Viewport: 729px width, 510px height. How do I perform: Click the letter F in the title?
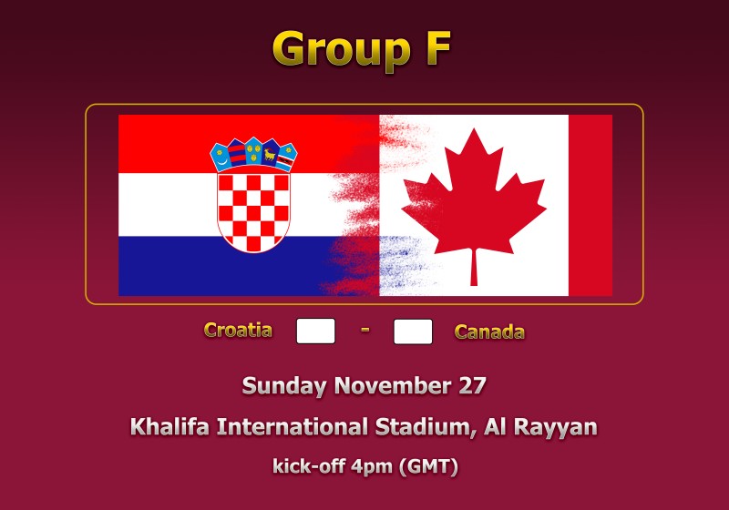(x=438, y=48)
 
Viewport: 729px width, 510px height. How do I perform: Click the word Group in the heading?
(x=341, y=51)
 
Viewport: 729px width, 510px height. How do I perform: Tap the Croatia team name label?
(x=238, y=330)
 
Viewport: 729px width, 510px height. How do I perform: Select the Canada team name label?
(x=489, y=331)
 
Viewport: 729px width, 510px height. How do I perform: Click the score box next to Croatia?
(x=315, y=331)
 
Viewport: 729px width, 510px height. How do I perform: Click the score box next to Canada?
(x=413, y=331)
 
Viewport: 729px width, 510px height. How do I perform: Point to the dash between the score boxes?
(x=365, y=330)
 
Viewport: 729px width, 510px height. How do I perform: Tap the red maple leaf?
(x=474, y=199)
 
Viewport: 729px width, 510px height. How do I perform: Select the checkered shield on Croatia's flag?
(x=254, y=210)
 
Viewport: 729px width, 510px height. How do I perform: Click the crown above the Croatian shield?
(x=254, y=154)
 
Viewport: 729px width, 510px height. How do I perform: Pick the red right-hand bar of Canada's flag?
(x=590, y=205)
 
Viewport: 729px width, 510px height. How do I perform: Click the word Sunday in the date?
(x=284, y=386)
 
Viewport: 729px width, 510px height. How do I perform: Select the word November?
(x=393, y=385)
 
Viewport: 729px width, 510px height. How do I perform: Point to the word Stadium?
(x=426, y=427)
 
